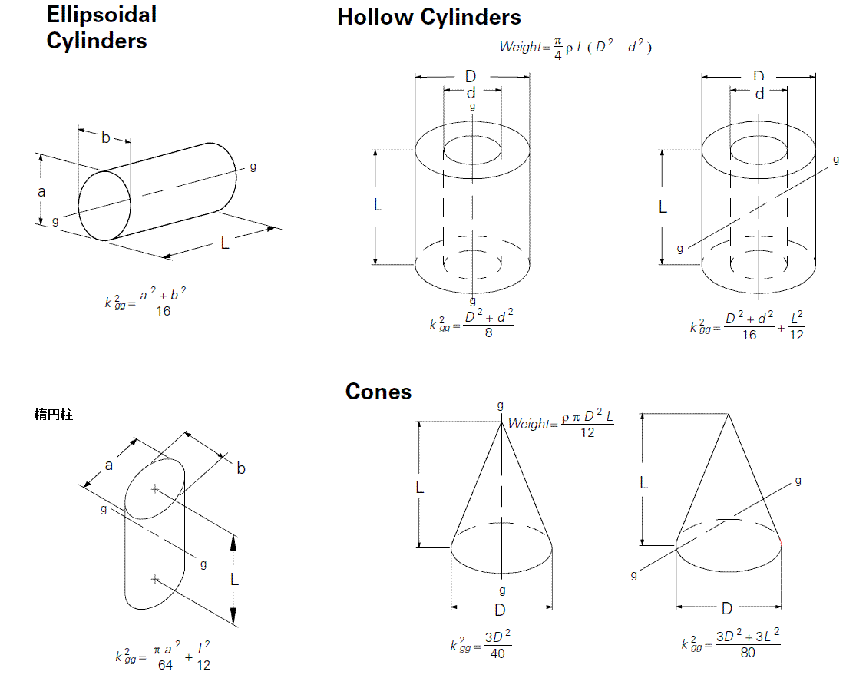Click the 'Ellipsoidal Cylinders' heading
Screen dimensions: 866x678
pyautogui.click(x=101, y=28)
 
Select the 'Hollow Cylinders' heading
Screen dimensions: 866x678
pyautogui.click(x=429, y=17)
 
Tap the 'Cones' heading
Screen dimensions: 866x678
pyautogui.click(x=378, y=392)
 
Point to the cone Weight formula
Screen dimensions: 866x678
pyautogui.click(x=560, y=423)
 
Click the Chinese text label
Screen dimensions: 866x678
pyautogui.click(x=54, y=415)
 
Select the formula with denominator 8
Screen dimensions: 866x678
pyautogui.click(x=471, y=323)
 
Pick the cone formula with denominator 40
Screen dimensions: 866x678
pyautogui.click(x=481, y=643)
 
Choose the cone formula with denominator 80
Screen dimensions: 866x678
pyautogui.click(x=730, y=643)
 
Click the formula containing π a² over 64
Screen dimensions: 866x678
pyautogui.click(x=163, y=655)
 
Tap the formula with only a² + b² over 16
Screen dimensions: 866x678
pyautogui.click(x=146, y=302)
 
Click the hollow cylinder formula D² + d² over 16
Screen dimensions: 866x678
pyautogui.click(x=747, y=326)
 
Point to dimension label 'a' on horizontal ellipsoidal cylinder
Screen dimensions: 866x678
pyautogui.click(x=41, y=192)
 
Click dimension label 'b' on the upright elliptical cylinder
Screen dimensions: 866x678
pyautogui.click(x=241, y=468)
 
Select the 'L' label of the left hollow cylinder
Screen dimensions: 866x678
pyautogui.click(x=378, y=205)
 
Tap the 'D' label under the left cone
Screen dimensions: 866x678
pyautogui.click(x=500, y=610)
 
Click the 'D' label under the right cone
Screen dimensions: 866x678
pyautogui.click(x=727, y=608)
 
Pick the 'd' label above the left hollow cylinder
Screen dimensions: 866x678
pyautogui.click(x=471, y=93)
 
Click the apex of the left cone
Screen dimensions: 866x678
pyautogui.click(x=501, y=422)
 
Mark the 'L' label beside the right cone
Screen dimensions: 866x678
pyautogui.click(x=644, y=483)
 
